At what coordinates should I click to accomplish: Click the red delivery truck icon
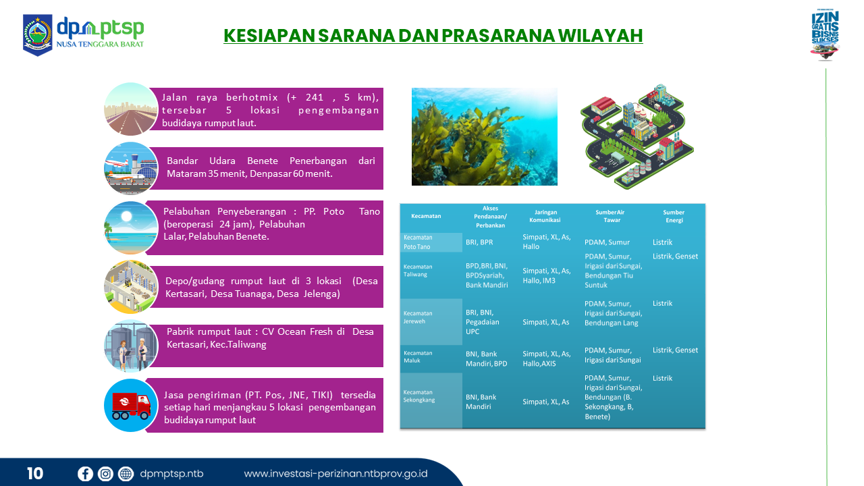click(x=131, y=406)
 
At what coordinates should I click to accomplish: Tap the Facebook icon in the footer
click(x=85, y=474)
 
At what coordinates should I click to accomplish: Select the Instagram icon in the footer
click(x=105, y=474)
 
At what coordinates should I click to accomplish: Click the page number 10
click(x=35, y=474)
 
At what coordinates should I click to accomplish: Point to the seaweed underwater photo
click(x=485, y=136)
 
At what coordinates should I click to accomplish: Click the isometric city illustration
click(x=637, y=136)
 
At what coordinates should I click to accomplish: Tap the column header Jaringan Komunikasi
click(x=545, y=216)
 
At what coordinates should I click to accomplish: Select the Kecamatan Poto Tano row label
click(x=418, y=242)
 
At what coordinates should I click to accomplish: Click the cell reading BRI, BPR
click(x=479, y=242)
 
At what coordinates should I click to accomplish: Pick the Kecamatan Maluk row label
click(x=418, y=357)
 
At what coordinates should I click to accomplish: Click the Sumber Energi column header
click(x=674, y=217)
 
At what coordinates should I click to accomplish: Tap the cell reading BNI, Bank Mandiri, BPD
click(x=487, y=358)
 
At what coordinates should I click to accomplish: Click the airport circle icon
click(x=131, y=169)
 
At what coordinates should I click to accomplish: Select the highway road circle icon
click(x=131, y=109)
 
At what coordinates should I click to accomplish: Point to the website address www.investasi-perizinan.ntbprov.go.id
click(x=335, y=474)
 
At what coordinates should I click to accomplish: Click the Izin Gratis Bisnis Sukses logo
click(x=825, y=34)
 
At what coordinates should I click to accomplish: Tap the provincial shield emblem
click(x=37, y=35)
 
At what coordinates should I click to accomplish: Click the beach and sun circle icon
click(x=131, y=227)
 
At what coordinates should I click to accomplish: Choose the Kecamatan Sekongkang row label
click(x=419, y=396)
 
